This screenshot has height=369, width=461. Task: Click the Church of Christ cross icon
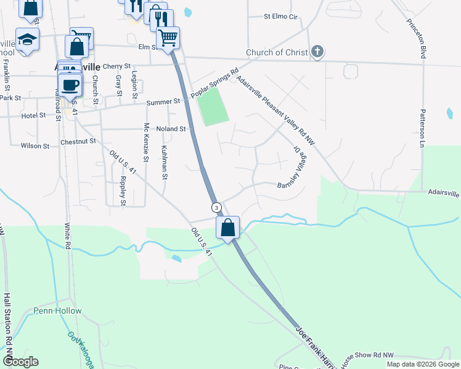click(x=317, y=52)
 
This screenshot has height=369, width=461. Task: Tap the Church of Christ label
click(x=276, y=53)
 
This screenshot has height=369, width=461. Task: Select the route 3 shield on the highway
click(x=216, y=207)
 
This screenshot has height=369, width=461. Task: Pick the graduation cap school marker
click(x=27, y=40)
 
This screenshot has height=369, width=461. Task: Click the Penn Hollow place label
click(x=57, y=311)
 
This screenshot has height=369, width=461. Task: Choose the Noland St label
click(x=171, y=129)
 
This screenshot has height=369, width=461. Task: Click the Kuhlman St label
click(x=164, y=162)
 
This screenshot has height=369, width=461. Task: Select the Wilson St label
click(x=35, y=146)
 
